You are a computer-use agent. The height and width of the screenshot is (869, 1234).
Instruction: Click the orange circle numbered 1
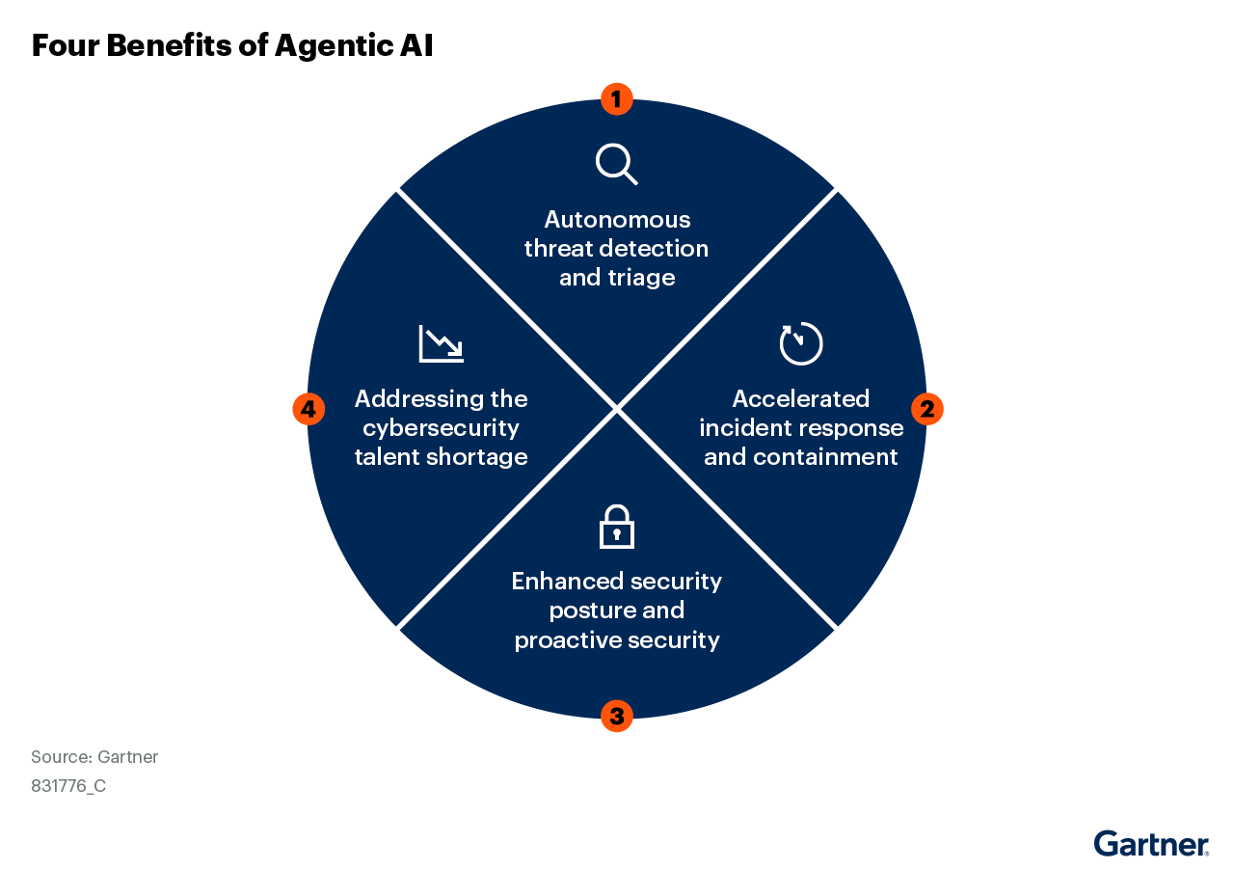tap(616, 99)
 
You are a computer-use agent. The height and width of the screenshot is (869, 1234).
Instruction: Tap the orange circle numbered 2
tap(927, 409)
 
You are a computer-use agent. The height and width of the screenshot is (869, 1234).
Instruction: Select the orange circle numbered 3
tap(616, 716)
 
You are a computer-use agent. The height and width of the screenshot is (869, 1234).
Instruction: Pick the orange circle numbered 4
tap(308, 409)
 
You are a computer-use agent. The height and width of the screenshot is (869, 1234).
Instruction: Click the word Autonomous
tap(617, 219)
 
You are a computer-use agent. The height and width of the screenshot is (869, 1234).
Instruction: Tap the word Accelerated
tap(800, 398)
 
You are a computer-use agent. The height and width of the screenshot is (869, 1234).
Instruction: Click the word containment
tap(825, 457)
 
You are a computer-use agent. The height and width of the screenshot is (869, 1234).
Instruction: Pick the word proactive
tap(568, 640)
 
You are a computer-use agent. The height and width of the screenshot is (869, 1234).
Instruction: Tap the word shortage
tap(476, 457)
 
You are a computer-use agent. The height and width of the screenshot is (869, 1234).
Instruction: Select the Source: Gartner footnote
tap(94, 756)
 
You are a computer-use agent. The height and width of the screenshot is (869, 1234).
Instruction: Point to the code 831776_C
tap(68, 786)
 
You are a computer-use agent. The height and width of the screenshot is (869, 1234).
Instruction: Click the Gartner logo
tap(1151, 844)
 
